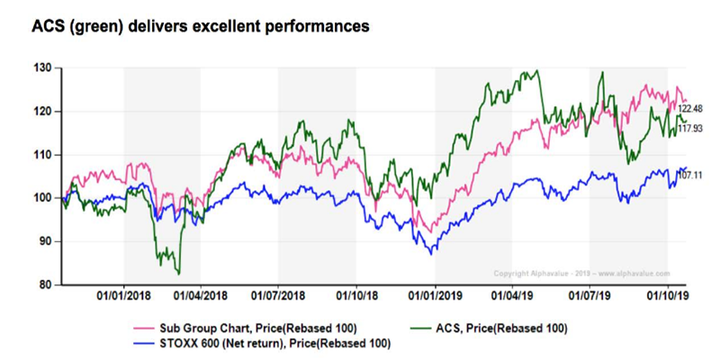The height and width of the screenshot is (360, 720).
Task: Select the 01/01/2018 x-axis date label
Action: coord(123,295)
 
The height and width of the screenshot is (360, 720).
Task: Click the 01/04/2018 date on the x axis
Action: coord(201,295)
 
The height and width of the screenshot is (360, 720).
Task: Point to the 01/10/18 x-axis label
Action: coord(356,295)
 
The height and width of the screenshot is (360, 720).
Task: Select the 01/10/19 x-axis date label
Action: coord(667,295)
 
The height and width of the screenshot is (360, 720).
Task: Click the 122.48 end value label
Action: coord(690,108)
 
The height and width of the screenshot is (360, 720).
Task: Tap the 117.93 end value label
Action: coord(690,129)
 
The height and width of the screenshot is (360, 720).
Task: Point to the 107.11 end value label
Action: coord(690,174)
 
